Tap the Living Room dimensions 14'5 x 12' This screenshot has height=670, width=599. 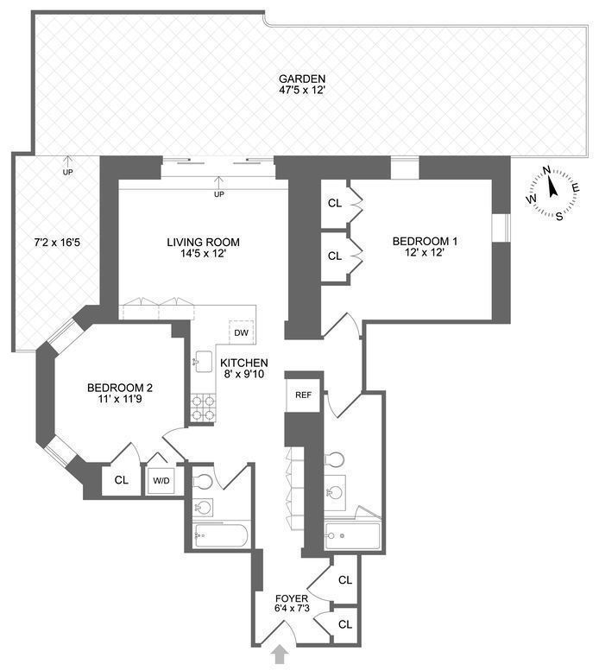coord(203,256)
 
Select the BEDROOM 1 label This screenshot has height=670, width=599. coord(425,242)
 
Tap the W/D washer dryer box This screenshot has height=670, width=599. coord(161,480)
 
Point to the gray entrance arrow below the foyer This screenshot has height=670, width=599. coord(280,655)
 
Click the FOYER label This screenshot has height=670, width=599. coord(285,598)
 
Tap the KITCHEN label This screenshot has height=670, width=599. coord(243,363)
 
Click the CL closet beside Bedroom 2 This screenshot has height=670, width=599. coord(117,481)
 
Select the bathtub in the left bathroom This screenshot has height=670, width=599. coord(221,536)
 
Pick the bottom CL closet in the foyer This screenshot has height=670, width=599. coord(344,623)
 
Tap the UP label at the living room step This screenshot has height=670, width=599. coord(218,194)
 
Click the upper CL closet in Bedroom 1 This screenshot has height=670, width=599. coord(334,204)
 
